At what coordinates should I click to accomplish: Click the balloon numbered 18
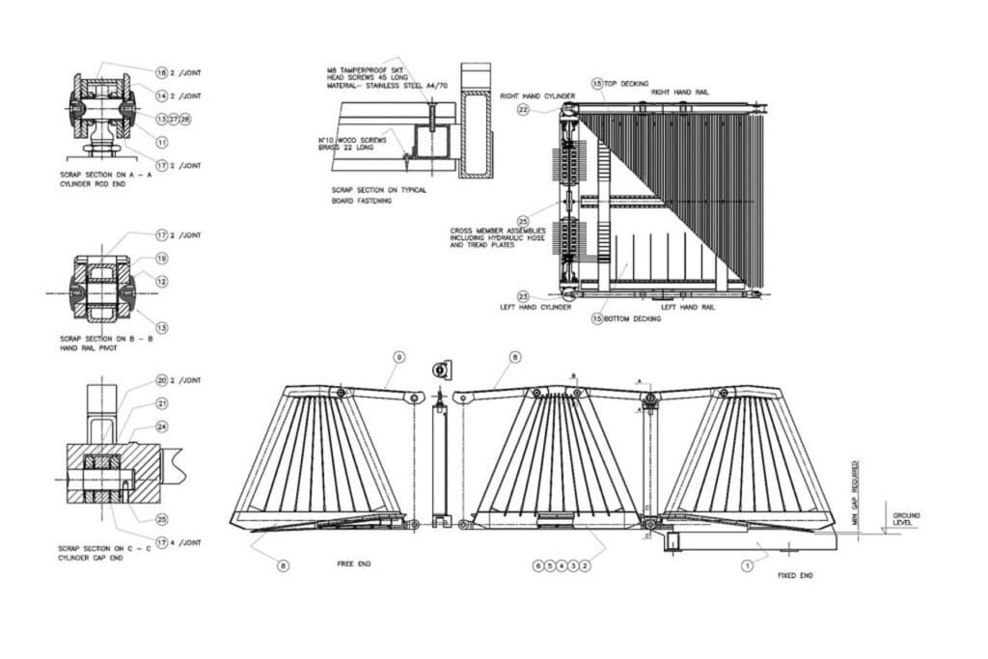click(161, 71)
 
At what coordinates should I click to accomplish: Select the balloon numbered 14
click(161, 96)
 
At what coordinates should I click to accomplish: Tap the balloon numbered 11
click(161, 142)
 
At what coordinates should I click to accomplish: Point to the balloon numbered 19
click(161, 259)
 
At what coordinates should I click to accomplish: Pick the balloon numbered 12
click(161, 282)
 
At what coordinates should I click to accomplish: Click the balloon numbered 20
click(161, 380)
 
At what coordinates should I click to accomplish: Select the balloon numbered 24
click(161, 426)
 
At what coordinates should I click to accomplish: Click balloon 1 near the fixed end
click(747, 566)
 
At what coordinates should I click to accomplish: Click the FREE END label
click(353, 564)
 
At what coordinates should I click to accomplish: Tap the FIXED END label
click(795, 575)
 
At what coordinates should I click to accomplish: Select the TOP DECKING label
click(626, 84)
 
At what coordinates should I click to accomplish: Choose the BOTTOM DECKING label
click(632, 318)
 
